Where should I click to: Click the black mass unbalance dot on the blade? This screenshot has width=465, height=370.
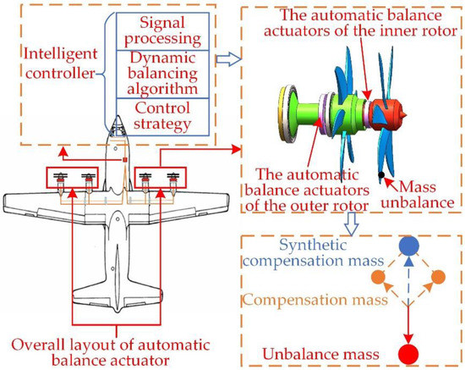click(x=383, y=175)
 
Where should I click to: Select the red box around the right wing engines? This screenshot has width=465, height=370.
click(x=160, y=179)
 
